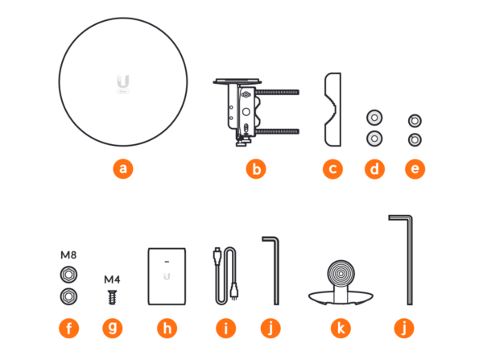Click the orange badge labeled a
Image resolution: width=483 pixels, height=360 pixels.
point(123,169)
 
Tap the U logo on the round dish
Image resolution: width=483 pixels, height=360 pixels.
point(123,81)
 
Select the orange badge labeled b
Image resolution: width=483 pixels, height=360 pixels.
point(256,169)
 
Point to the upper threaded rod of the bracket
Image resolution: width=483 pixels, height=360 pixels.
point(277,92)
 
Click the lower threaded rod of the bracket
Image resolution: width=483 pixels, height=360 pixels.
point(277,131)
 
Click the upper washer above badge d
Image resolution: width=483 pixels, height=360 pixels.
point(374,118)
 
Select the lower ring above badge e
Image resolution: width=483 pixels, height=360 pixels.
point(415,140)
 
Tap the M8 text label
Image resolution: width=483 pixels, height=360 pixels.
point(68,255)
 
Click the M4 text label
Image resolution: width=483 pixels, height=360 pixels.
point(112,279)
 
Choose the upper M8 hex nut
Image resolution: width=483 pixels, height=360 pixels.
point(68,275)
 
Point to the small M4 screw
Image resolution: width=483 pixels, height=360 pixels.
point(112,297)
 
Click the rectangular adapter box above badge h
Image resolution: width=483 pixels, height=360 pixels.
point(167,276)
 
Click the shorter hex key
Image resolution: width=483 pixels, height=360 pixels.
point(276,271)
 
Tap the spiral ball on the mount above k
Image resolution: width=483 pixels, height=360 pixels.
point(341,273)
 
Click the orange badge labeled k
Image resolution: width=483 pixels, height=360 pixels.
point(341,328)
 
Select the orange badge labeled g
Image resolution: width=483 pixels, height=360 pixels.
point(113,328)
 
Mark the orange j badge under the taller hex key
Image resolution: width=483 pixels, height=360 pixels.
point(404,328)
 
